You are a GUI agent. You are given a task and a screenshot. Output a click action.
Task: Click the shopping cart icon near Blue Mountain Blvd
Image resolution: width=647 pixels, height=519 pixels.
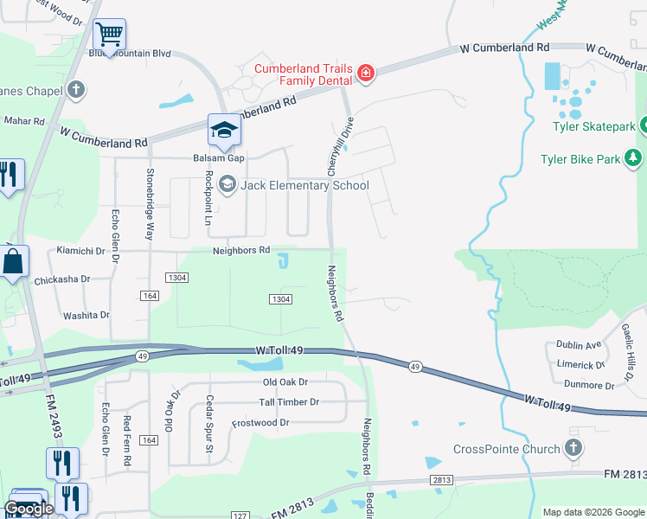click(109, 35)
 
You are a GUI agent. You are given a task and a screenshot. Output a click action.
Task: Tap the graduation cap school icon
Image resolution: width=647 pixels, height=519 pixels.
click(224, 131)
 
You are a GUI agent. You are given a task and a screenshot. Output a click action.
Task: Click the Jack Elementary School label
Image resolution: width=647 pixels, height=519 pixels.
click(304, 185)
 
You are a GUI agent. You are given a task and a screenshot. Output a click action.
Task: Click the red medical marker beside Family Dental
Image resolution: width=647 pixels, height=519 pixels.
click(365, 73)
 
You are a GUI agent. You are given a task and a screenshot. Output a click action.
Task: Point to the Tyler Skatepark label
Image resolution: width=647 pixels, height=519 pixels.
click(593, 126)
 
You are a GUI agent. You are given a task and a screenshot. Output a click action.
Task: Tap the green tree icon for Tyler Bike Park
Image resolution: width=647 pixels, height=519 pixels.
click(634, 157)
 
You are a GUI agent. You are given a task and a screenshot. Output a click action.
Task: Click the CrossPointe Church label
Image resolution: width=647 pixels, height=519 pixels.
click(506, 449)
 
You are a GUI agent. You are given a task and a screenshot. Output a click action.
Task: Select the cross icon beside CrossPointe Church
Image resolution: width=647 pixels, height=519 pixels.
click(572, 448)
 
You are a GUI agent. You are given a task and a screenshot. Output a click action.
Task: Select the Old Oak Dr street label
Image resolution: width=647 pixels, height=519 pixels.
click(285, 381)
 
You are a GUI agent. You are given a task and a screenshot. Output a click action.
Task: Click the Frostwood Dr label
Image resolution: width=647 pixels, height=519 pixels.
click(260, 423)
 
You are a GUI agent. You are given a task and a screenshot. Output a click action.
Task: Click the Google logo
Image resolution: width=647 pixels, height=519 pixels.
click(29, 509)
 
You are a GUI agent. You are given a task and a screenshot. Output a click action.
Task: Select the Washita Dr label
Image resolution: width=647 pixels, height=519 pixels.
click(84, 316)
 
